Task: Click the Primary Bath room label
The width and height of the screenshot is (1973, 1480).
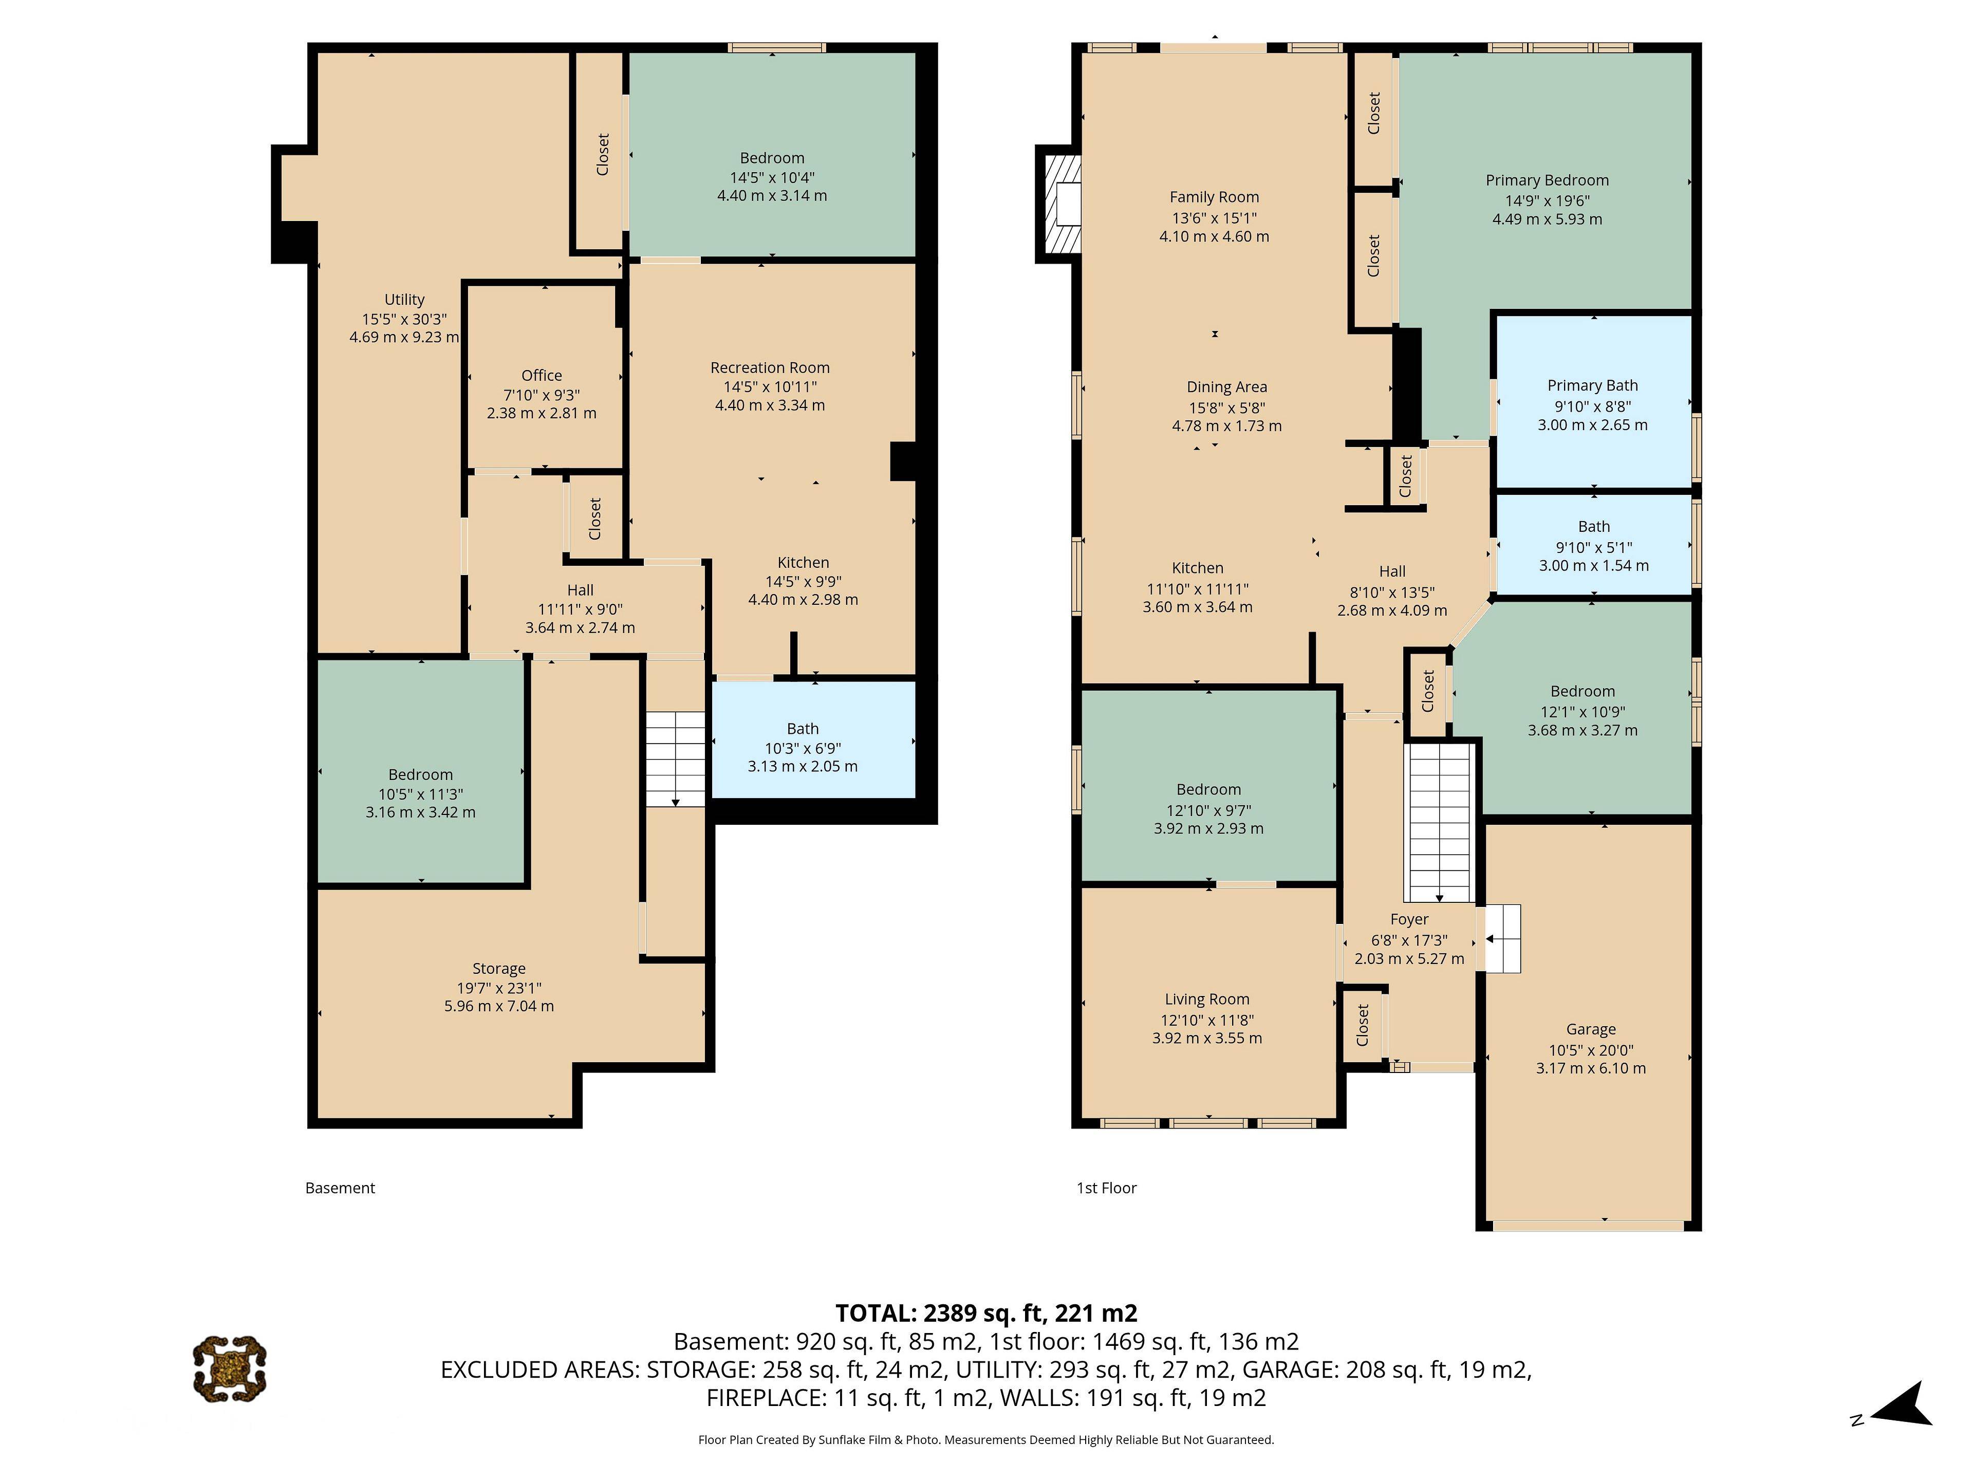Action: pos(1592,385)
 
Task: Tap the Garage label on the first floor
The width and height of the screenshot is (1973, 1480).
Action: pos(1590,1029)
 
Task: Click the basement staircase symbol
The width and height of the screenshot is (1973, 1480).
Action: pos(675,759)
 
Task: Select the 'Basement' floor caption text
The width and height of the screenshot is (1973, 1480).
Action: pos(340,1188)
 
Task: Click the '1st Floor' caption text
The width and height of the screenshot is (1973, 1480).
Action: pos(1106,1188)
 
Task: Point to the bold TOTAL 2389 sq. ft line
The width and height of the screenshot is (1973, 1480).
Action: pos(985,1313)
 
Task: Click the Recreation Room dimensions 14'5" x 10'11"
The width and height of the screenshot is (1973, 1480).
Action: pos(770,386)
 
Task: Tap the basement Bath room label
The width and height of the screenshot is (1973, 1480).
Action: pos(803,729)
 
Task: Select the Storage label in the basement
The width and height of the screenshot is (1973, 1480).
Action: pos(498,969)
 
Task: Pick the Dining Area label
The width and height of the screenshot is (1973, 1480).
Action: pos(1226,387)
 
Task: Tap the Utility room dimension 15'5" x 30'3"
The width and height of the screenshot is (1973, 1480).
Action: pos(404,319)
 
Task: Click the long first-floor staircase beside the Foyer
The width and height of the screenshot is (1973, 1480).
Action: pos(1438,821)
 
